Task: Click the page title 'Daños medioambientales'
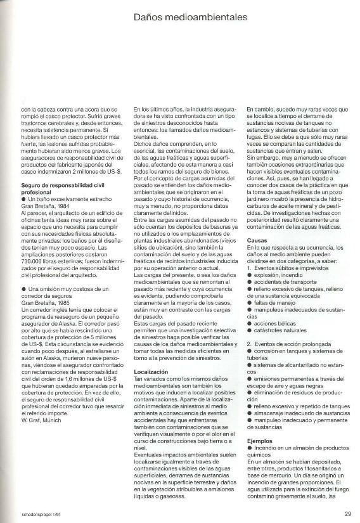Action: (x=190, y=18)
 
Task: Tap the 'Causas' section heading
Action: (x=257, y=241)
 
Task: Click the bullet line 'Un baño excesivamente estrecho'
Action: (x=63, y=199)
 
